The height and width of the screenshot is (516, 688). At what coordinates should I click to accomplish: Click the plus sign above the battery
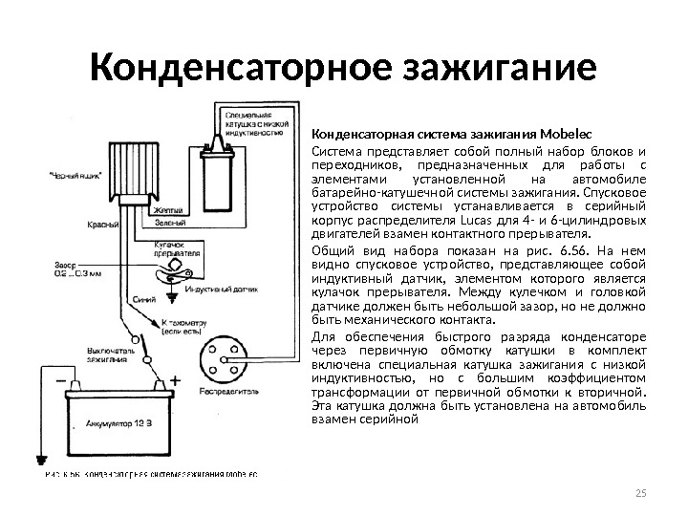point(174,380)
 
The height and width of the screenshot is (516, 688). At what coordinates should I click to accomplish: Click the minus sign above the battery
point(61,380)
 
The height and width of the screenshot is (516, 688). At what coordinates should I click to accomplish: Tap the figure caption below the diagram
point(149,472)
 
